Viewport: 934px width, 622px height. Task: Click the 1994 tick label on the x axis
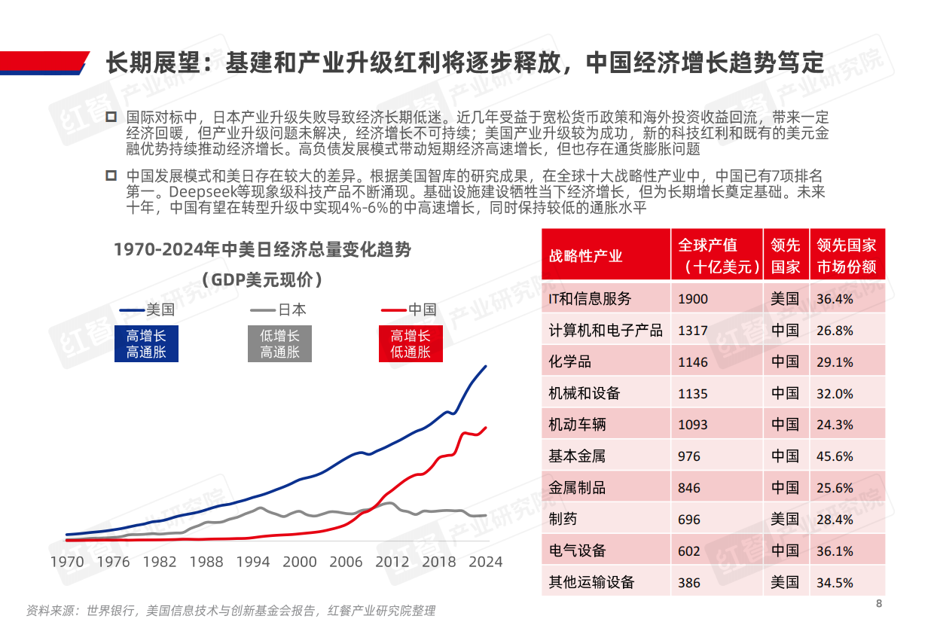tap(253, 562)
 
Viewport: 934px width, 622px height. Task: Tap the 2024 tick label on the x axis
tap(486, 562)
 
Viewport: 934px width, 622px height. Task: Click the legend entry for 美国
tap(147, 309)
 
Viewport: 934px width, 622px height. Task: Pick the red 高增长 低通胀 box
tap(411, 344)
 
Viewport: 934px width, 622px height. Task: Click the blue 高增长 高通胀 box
tap(146, 344)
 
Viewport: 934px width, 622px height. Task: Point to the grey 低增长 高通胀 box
tap(279, 344)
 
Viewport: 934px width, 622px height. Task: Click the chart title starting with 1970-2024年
tap(262, 249)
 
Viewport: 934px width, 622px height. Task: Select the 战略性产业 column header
tap(586, 256)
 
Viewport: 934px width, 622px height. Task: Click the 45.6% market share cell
tap(835, 456)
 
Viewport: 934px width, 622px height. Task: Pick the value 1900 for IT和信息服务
tap(693, 299)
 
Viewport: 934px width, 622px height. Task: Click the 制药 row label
tap(563, 520)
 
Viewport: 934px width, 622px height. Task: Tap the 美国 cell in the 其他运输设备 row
tap(785, 582)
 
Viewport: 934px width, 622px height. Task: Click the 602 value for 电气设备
tap(689, 551)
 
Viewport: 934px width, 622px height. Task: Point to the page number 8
tap(878, 604)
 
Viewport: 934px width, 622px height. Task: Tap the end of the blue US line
tap(486, 367)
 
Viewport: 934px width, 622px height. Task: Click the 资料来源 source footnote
tap(230, 610)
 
